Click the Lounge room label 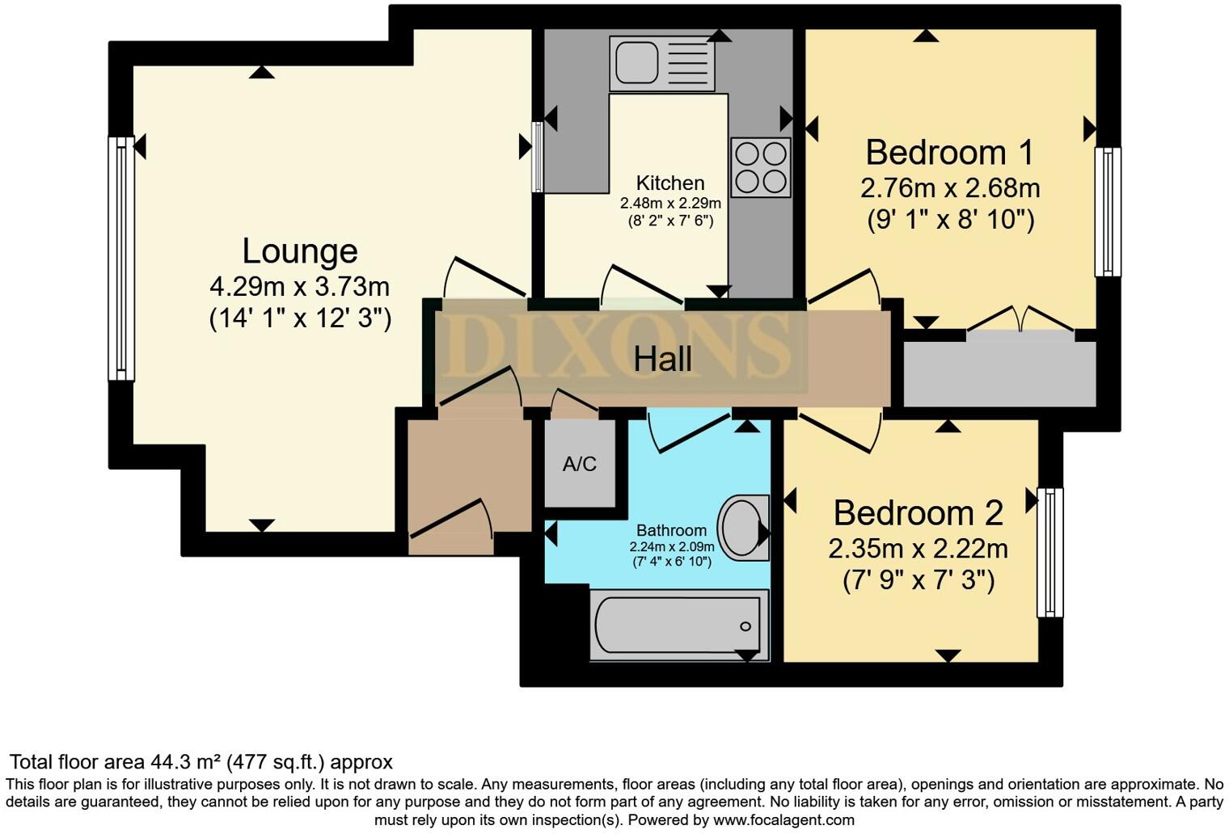click(300, 251)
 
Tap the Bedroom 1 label click(949, 153)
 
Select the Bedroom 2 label click(918, 513)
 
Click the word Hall click(662, 359)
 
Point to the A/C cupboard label click(579, 464)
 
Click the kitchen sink click(662, 62)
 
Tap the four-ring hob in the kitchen click(760, 167)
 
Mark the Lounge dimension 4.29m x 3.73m click(300, 286)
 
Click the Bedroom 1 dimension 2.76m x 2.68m click(949, 188)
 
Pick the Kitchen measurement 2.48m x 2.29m click(670, 204)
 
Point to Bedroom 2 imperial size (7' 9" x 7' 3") click(918, 580)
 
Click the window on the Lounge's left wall click(121, 258)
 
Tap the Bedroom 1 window click(1108, 212)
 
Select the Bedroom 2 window click(1050, 552)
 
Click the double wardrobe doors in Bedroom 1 click(1020, 321)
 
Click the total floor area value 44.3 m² click(186, 762)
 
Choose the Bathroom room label click(671, 531)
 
